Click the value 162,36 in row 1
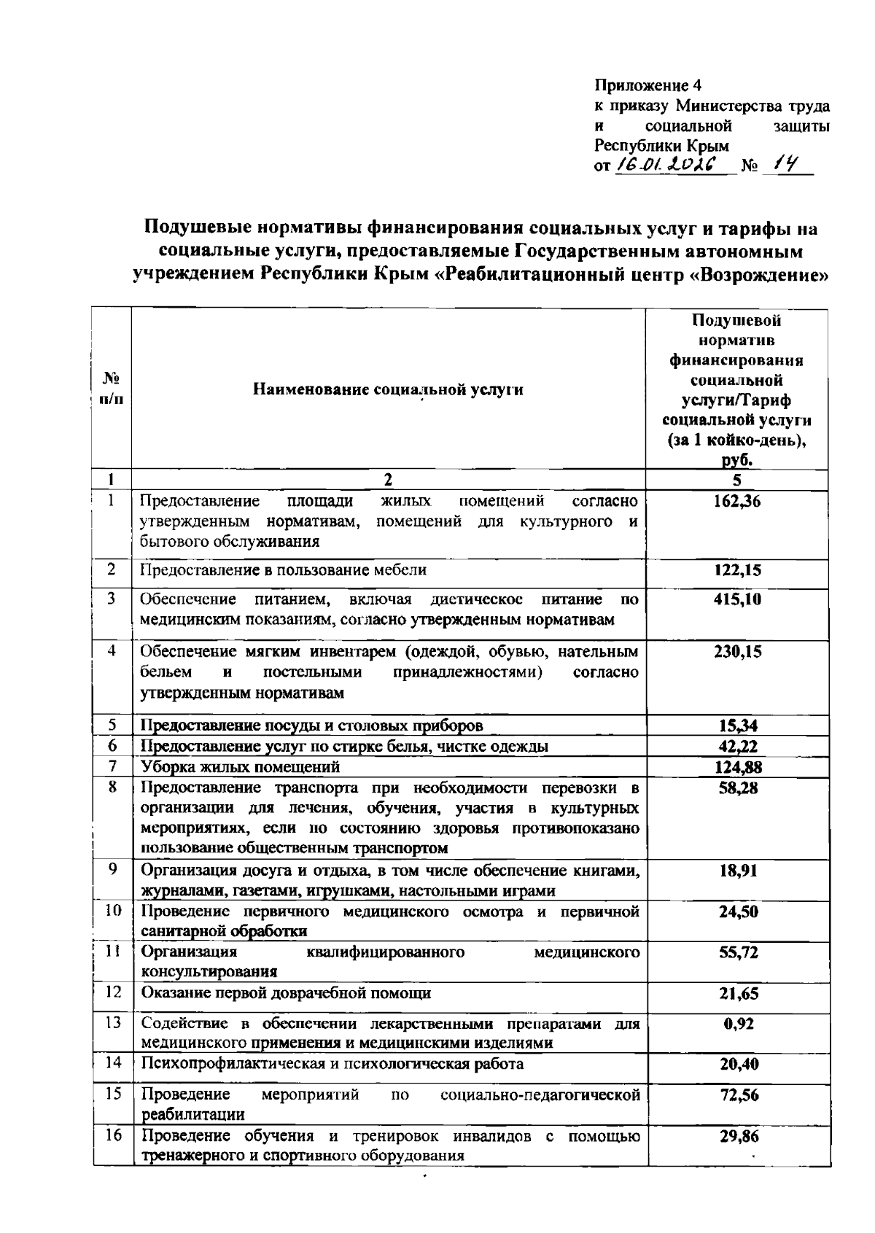[737, 501]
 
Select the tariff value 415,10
[737, 599]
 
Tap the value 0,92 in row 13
[739, 1023]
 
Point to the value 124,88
[737, 766]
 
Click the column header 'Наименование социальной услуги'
[388, 389]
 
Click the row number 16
[112, 1136]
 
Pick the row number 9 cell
[112, 869]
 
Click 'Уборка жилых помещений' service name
[241, 766]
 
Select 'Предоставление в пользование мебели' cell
[283, 569]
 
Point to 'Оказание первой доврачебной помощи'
[286, 992]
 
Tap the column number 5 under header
[737, 480]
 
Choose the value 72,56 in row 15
[739, 1094]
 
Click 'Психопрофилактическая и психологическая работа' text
[332, 1063]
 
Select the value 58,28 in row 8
[737, 787]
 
